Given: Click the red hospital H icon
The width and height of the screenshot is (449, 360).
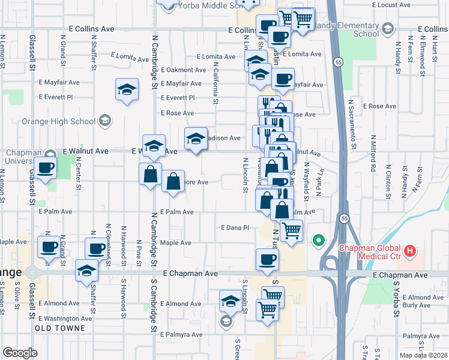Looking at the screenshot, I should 411,251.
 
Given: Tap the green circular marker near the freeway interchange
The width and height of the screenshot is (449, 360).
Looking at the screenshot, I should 318,242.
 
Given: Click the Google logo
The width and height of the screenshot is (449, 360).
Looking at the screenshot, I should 20,352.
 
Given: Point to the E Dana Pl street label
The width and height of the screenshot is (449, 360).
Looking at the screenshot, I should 235,228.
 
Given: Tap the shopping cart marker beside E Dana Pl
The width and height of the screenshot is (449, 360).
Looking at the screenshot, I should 291,229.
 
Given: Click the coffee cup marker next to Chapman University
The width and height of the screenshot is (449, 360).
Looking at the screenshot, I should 46,167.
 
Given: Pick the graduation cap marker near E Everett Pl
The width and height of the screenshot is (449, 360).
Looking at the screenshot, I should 127,90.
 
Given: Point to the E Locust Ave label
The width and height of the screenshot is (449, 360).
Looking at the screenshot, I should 390,4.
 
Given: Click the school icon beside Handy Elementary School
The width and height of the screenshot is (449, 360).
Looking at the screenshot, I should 388,29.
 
